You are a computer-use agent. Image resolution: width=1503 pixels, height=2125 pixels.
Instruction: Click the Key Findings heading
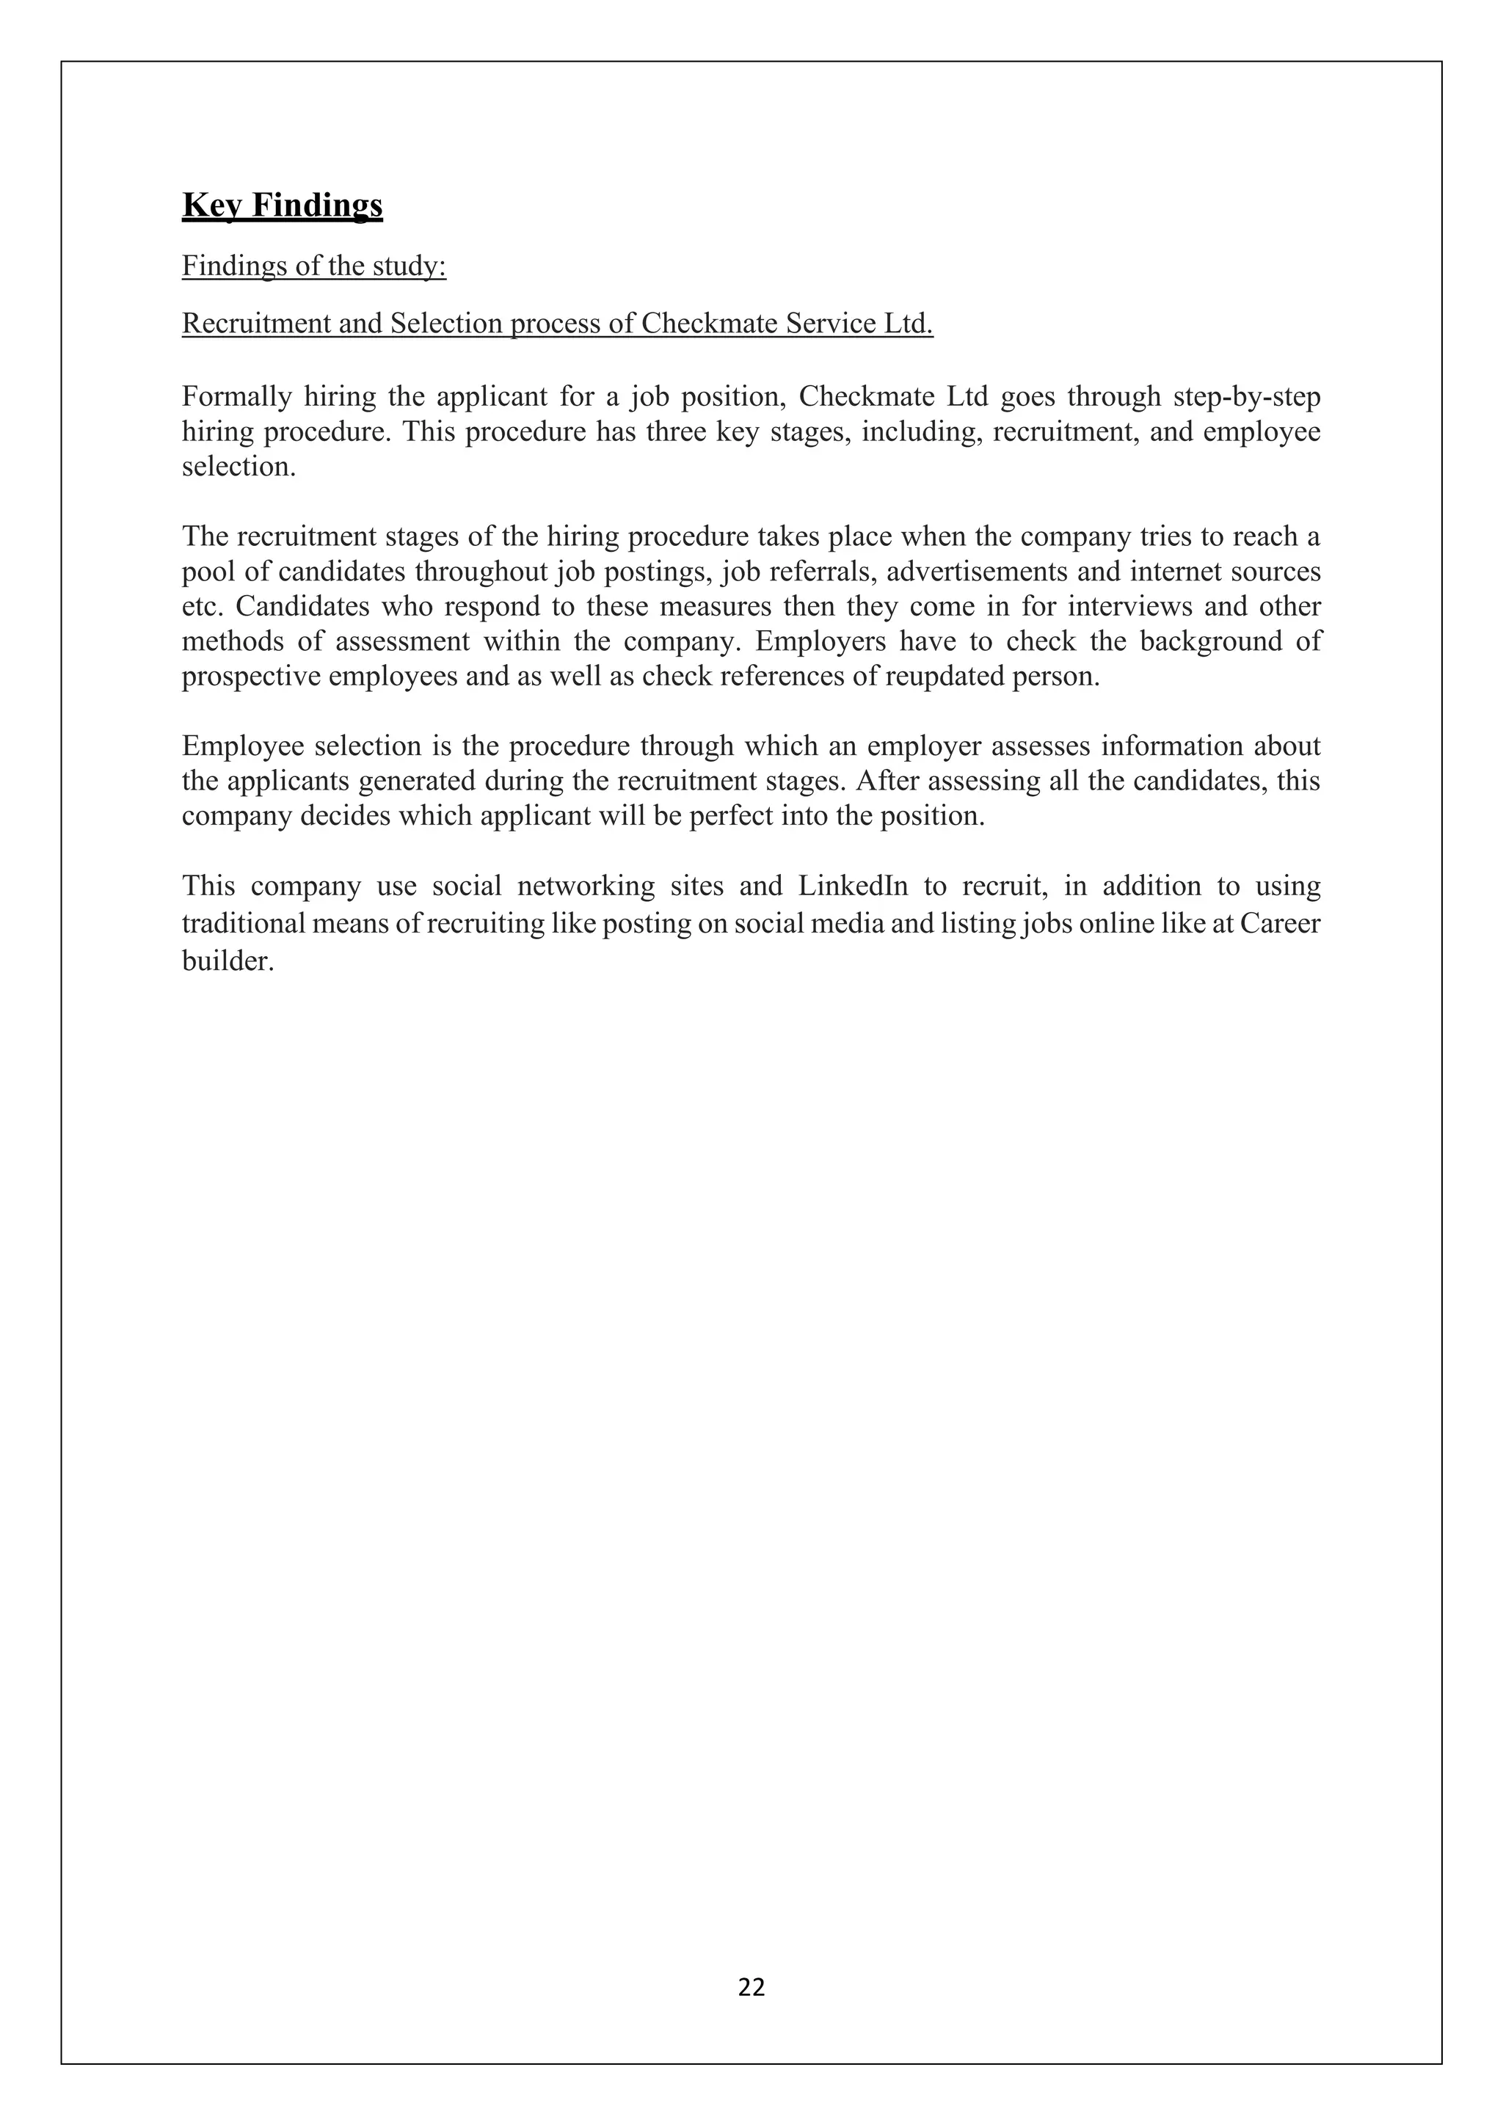(x=283, y=205)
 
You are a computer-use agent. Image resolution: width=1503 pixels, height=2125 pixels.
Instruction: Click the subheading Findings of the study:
(x=314, y=266)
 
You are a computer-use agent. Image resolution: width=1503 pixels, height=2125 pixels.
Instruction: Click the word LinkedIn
(x=854, y=886)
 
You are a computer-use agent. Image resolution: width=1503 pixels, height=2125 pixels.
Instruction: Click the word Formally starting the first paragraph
(x=236, y=397)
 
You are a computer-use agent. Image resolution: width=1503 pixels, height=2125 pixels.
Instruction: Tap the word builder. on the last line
(x=228, y=962)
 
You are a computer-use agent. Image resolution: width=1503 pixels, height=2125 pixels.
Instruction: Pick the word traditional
(x=242, y=924)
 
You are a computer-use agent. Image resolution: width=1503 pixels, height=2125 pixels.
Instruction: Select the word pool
(x=203, y=572)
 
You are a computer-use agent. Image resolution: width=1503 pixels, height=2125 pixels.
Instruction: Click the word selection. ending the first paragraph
(x=239, y=467)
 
